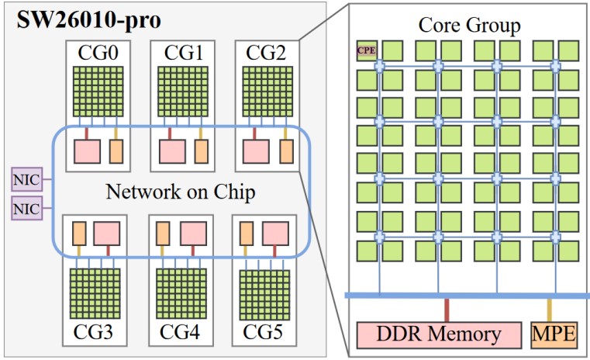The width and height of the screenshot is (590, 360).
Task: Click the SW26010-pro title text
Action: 89,20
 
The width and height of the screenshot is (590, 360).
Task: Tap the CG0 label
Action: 98,52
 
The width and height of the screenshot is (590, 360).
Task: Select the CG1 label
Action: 183,52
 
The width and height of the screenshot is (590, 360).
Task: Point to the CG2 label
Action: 267,52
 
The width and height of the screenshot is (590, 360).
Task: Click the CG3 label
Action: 93,332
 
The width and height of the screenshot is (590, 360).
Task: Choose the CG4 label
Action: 180,332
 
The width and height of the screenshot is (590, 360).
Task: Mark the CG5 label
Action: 263,332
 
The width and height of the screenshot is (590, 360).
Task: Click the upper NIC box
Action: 26,180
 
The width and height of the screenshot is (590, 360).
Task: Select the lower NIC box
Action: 26,208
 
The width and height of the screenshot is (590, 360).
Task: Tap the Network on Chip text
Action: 181,192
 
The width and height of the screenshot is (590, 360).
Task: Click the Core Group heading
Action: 470,26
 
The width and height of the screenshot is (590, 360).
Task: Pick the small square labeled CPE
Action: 367,50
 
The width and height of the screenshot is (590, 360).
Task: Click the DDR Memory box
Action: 439,334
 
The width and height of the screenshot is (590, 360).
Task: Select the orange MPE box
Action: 554,334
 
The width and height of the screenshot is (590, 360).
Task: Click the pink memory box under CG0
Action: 88,151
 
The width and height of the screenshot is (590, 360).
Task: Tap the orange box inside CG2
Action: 286,151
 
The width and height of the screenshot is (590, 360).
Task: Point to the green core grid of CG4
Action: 181,293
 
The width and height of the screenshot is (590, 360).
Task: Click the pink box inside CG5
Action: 275,234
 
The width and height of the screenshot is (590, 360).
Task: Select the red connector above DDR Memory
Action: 447,310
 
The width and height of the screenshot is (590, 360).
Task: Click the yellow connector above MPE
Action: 550,310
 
